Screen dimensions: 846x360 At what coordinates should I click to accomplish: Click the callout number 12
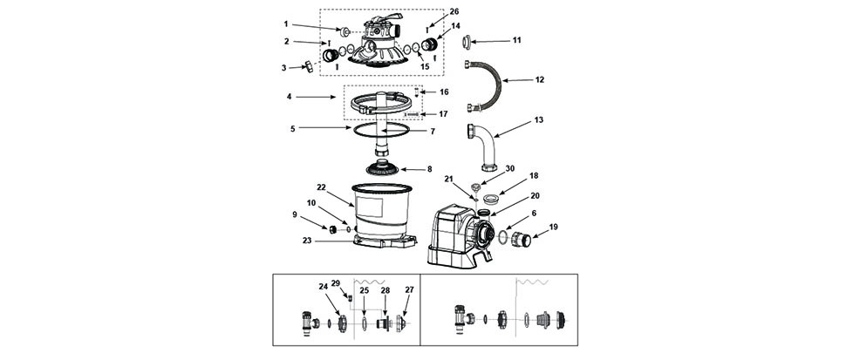click(540, 80)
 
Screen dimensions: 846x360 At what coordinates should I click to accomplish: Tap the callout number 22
click(322, 187)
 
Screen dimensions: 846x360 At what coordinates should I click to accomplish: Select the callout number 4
click(290, 97)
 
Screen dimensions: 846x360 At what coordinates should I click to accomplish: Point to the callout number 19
click(554, 227)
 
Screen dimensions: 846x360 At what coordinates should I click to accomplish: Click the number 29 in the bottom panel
click(335, 284)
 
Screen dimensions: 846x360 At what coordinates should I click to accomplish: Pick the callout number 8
click(429, 169)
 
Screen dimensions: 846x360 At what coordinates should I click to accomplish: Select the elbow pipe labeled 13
click(486, 146)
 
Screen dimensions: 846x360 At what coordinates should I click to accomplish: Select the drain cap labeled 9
click(333, 229)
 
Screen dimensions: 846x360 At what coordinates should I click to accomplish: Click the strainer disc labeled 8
click(383, 168)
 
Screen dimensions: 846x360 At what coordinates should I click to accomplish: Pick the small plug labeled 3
click(309, 67)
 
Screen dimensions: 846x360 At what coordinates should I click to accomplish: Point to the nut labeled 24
click(342, 323)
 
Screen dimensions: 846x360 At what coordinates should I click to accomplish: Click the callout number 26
click(454, 11)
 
